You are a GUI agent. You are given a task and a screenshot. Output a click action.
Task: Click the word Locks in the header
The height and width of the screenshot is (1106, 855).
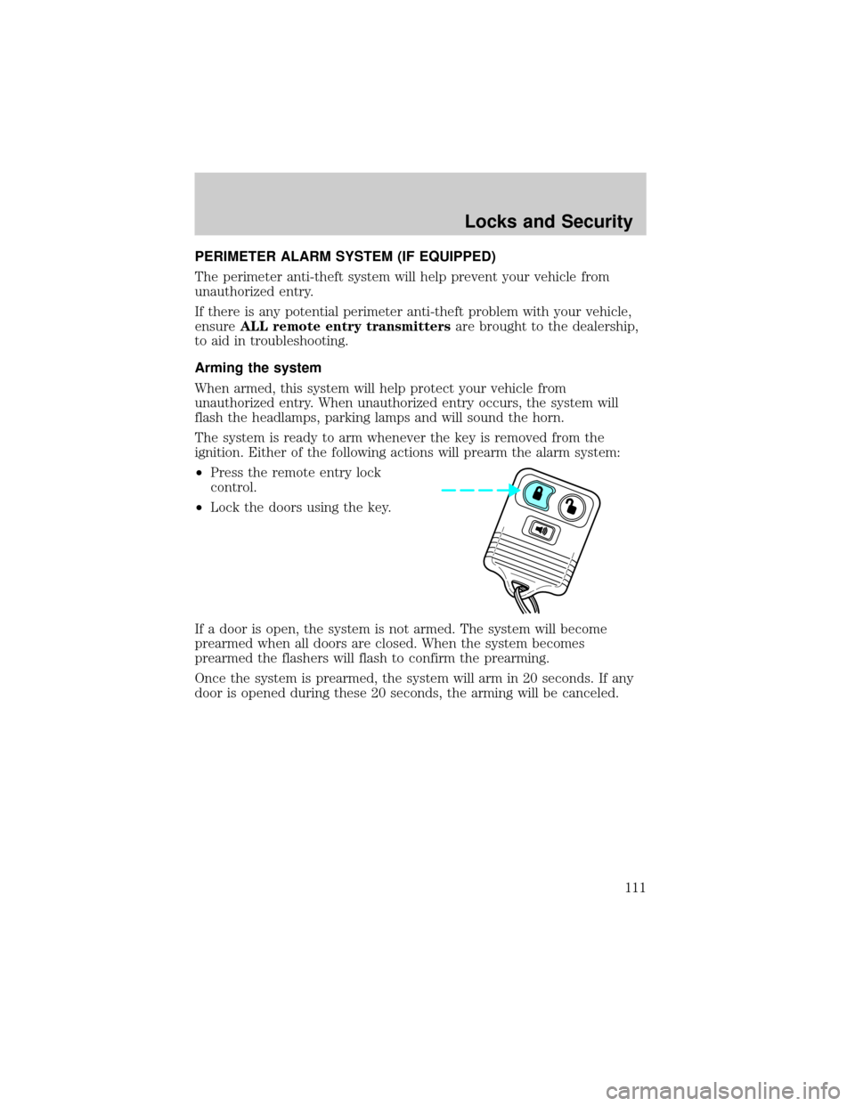point(487,224)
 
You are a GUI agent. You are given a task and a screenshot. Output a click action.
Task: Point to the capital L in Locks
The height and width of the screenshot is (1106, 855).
point(468,224)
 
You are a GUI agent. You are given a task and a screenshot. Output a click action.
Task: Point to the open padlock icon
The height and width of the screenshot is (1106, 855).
point(572,504)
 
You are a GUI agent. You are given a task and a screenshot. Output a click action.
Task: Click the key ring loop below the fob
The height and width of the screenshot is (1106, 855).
point(524,601)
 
